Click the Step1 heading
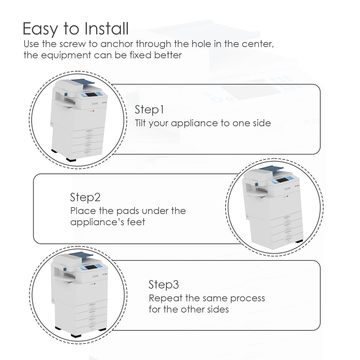coord(149,110)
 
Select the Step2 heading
coord(85,197)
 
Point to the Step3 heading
coord(164,284)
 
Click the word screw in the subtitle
coord(73,44)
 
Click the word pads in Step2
coord(127,211)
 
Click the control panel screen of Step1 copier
coord(91,95)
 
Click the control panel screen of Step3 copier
coord(90,268)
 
